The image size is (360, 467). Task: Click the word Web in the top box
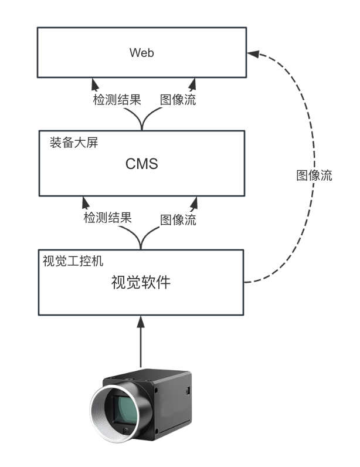click(x=141, y=53)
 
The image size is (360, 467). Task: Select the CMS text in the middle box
click(x=141, y=164)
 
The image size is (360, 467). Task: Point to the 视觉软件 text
click(x=141, y=282)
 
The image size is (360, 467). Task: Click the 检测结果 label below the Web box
click(x=117, y=100)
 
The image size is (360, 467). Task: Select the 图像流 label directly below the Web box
click(x=178, y=100)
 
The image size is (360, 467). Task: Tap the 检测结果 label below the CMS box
click(x=108, y=218)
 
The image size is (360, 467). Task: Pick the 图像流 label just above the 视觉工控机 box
click(x=178, y=220)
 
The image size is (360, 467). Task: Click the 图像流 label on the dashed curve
click(x=314, y=175)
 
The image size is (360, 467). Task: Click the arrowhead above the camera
click(x=141, y=321)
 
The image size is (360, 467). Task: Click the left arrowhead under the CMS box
click(x=86, y=202)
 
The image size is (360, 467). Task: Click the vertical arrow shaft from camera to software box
click(x=141, y=346)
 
